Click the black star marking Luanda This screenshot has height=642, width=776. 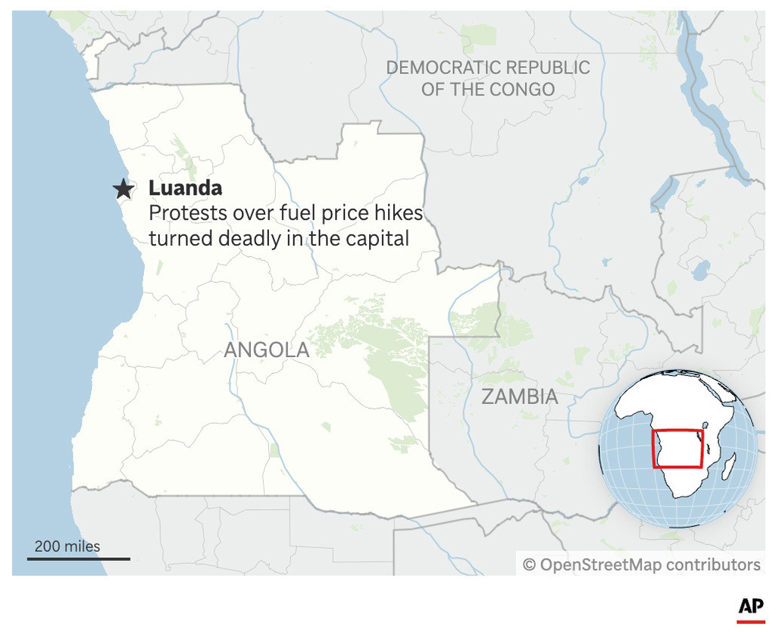(122, 189)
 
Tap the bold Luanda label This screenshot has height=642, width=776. (185, 188)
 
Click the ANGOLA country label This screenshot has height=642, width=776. (267, 349)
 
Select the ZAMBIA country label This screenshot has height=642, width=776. (520, 396)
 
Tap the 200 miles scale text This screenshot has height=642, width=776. (67, 546)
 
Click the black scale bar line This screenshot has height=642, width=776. (79, 559)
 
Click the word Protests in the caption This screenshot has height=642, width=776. (186, 213)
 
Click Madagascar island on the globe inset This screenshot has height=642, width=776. (729, 465)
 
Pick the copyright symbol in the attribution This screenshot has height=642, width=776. (530, 565)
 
